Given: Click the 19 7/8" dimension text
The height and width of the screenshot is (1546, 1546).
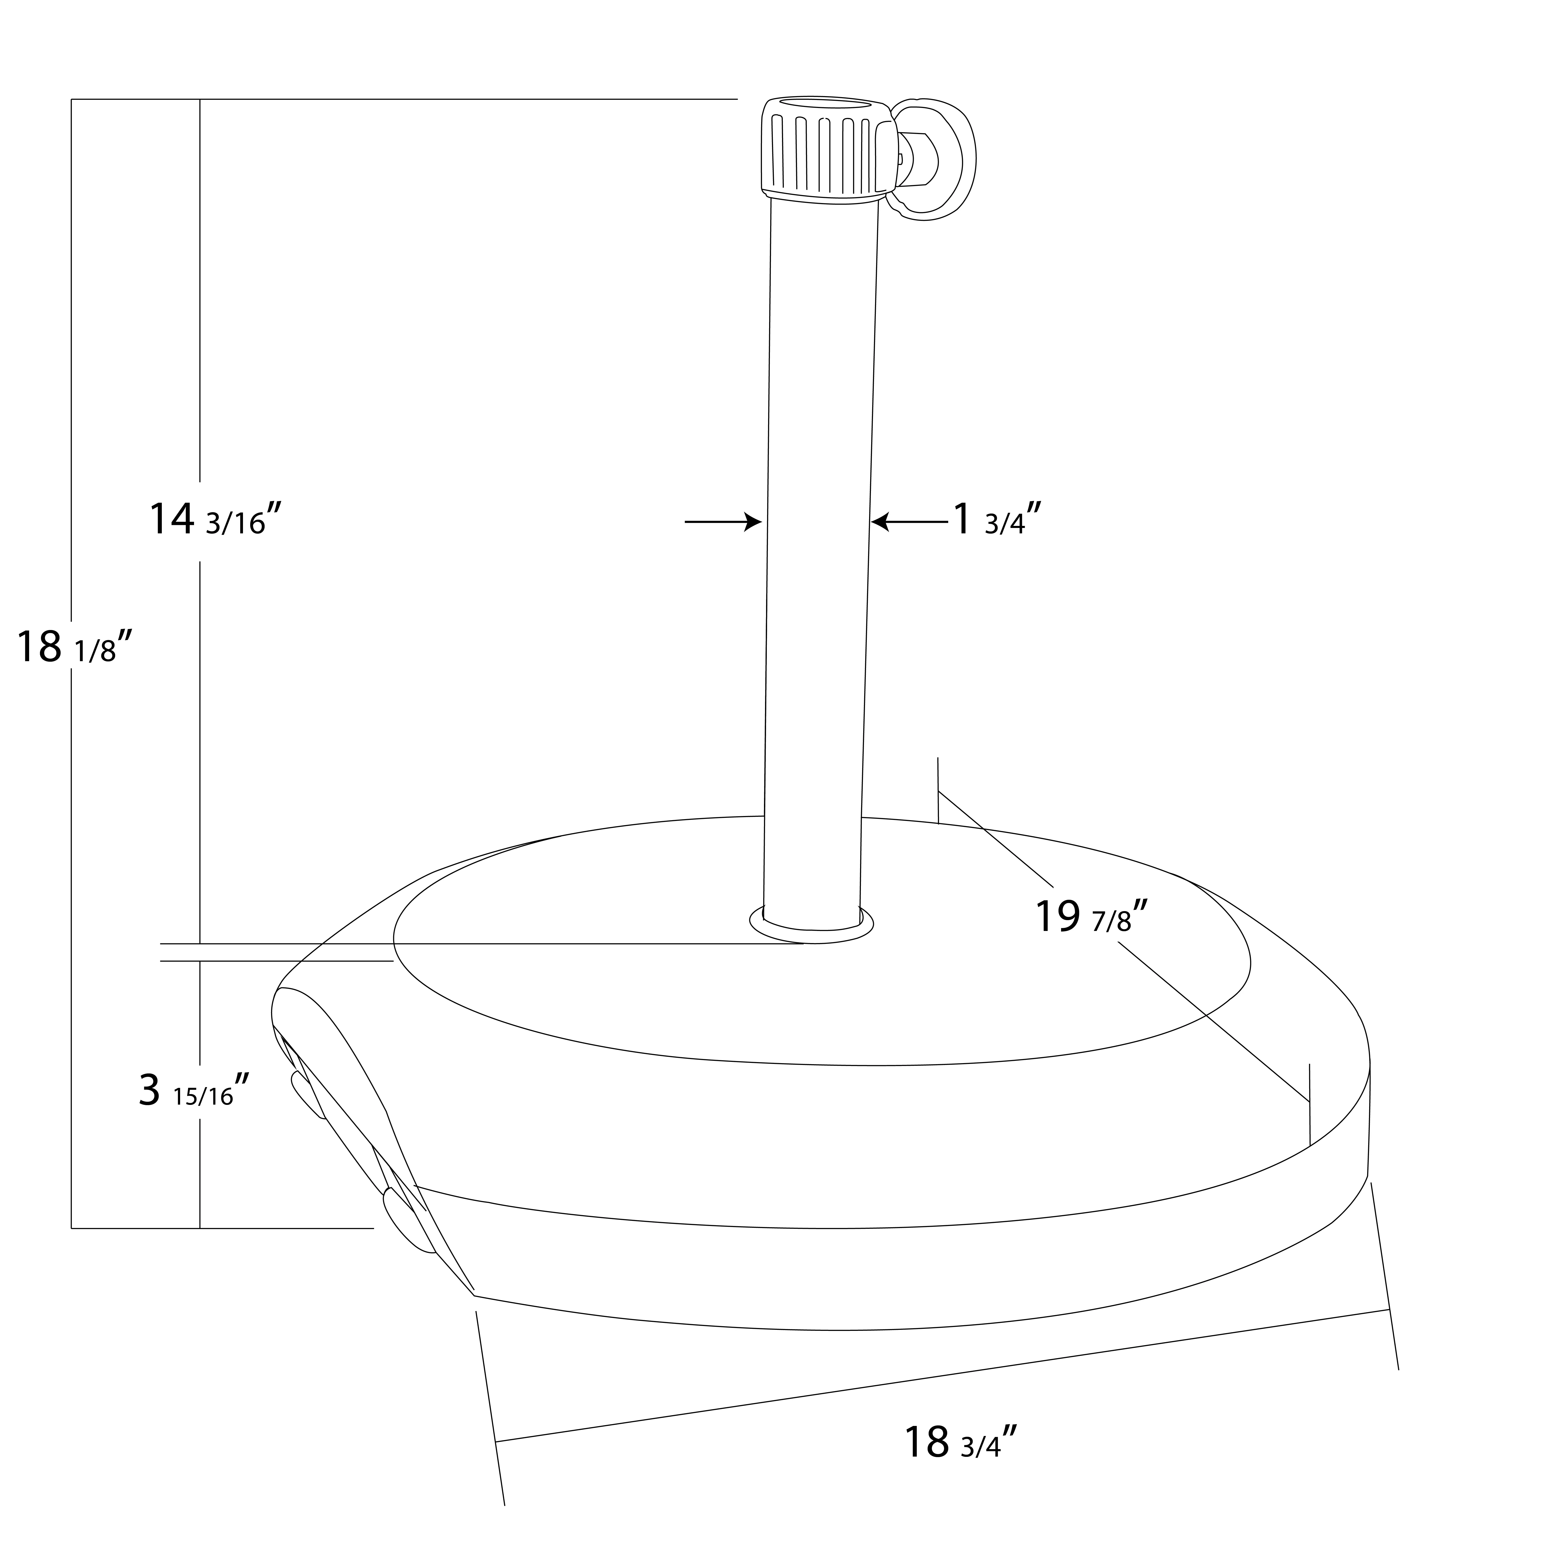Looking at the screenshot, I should point(1092,917).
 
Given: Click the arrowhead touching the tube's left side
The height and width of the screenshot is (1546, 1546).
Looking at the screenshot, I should point(752,522).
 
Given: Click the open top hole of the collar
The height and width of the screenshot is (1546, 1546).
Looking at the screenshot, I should point(824,104).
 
